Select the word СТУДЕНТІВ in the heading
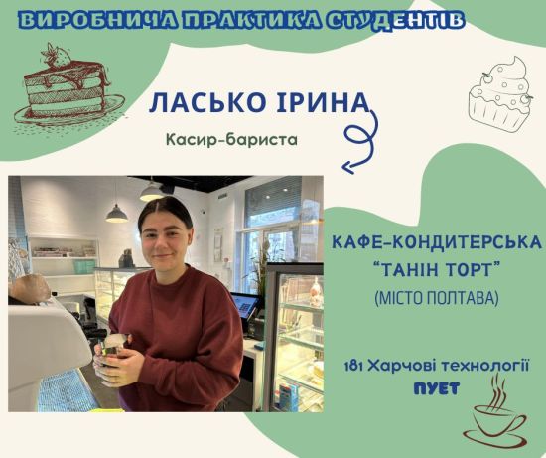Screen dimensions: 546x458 [396, 21]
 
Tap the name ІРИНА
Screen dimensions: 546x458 [322, 102]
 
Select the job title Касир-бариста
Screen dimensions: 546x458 [231, 140]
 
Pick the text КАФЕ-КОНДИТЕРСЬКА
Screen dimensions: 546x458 [437, 242]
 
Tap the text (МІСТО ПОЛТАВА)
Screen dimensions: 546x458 [437, 298]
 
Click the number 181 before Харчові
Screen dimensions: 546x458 [353, 367]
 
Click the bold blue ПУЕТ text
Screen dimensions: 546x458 [437, 389]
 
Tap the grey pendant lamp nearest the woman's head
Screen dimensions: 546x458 [117, 213]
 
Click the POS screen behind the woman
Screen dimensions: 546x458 [245, 305]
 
